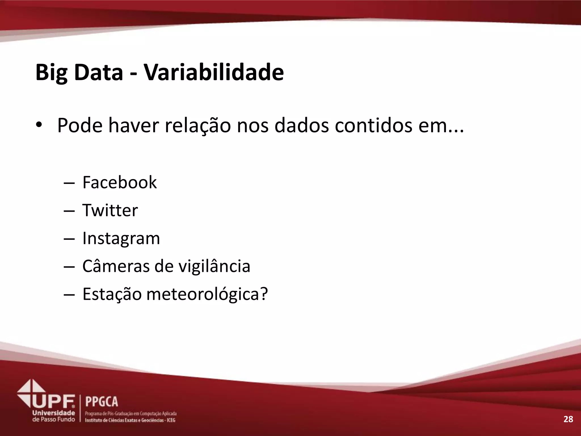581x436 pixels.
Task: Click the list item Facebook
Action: pyautogui.click(x=119, y=182)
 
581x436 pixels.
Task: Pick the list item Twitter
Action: pyautogui.click(x=110, y=210)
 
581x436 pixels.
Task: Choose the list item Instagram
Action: pyautogui.click(x=121, y=238)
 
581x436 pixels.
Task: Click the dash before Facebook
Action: pyautogui.click(x=69, y=183)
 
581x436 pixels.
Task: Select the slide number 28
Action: pyautogui.click(x=568, y=419)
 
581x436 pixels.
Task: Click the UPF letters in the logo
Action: pyautogui.click(x=54, y=401)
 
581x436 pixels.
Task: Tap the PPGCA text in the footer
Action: pyautogui.click(x=102, y=402)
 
